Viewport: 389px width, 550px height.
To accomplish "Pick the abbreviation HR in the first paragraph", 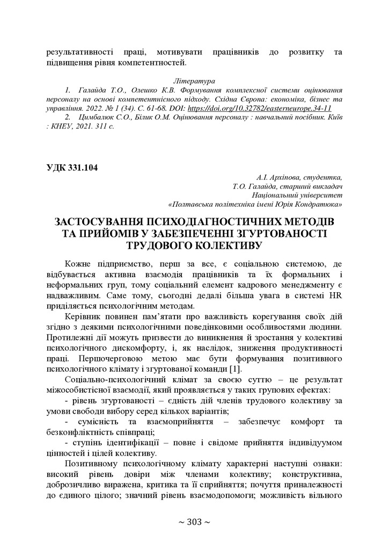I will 335,295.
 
